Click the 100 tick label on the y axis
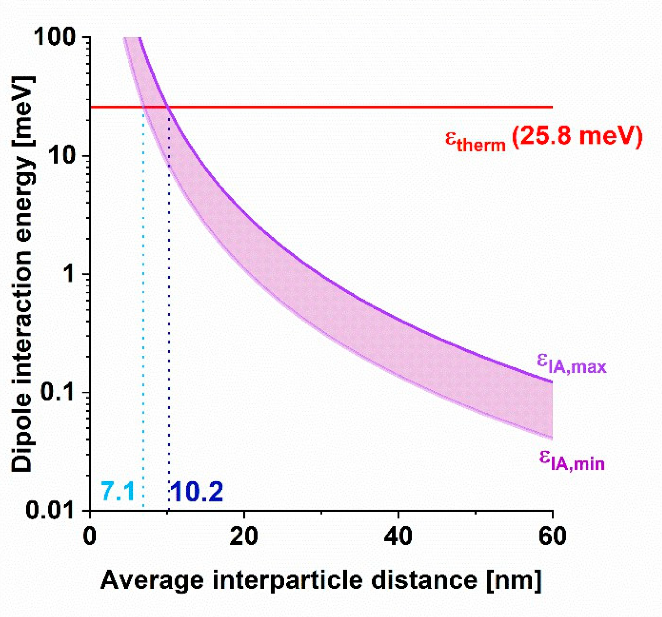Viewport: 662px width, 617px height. [55, 37]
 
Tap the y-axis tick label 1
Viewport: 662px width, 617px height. [70, 273]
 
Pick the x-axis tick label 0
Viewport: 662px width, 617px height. [90, 536]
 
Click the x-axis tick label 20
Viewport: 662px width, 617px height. [244, 536]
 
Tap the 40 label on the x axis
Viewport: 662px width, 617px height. [398, 536]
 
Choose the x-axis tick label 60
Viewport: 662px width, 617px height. [552, 536]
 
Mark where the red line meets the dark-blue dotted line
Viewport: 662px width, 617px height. [169, 107]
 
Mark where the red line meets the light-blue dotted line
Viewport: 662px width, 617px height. [144, 107]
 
